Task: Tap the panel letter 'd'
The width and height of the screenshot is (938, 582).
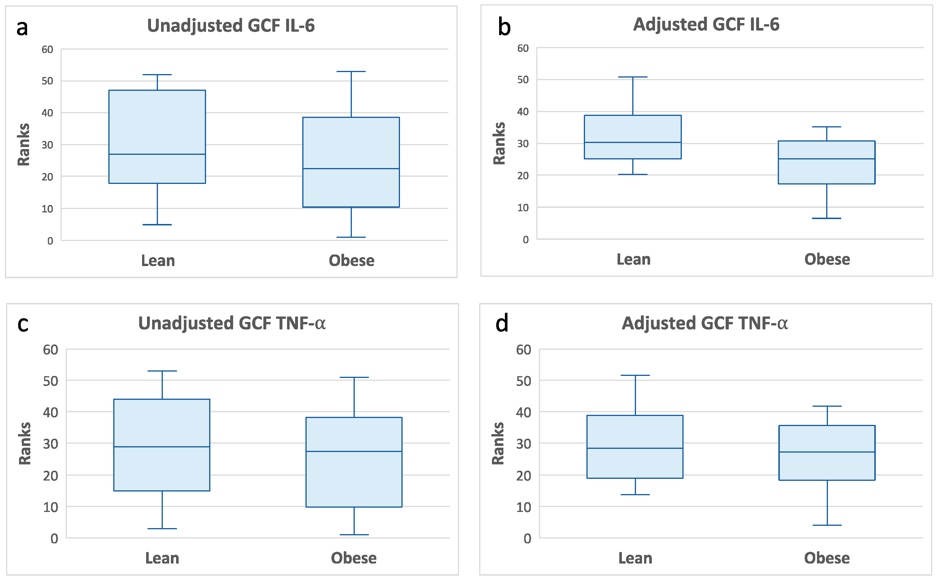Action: coord(502,323)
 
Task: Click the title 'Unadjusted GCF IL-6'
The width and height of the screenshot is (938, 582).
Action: coord(231,26)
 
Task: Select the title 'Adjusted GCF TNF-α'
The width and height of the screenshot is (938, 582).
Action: coord(705,323)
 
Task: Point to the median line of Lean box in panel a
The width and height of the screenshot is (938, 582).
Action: coord(157,154)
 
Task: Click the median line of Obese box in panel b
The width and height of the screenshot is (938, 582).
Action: coord(826,159)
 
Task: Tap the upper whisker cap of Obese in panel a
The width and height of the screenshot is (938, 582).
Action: coord(351,71)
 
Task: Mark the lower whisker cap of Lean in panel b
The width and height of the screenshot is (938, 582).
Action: coord(633,174)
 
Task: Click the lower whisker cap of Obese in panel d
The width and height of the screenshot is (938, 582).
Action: coord(827,525)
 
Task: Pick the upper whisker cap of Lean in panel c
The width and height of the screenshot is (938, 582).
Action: coord(162,371)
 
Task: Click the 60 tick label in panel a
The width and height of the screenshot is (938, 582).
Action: coord(47,49)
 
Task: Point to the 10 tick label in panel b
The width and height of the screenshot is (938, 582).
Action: coord(523,208)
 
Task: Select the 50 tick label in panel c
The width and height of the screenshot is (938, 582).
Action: coord(50,381)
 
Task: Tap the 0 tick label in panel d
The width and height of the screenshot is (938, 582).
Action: coord(527,538)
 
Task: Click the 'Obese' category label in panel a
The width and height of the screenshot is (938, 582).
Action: coord(351,261)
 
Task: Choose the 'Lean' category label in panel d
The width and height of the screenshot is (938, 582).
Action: coord(635,558)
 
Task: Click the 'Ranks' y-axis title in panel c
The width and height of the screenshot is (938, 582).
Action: coord(24,443)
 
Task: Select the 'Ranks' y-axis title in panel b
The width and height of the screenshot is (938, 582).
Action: coord(499,143)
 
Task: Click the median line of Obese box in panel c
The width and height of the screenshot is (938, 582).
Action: coord(354,451)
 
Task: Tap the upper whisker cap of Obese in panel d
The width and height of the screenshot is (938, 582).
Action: coord(827,406)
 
